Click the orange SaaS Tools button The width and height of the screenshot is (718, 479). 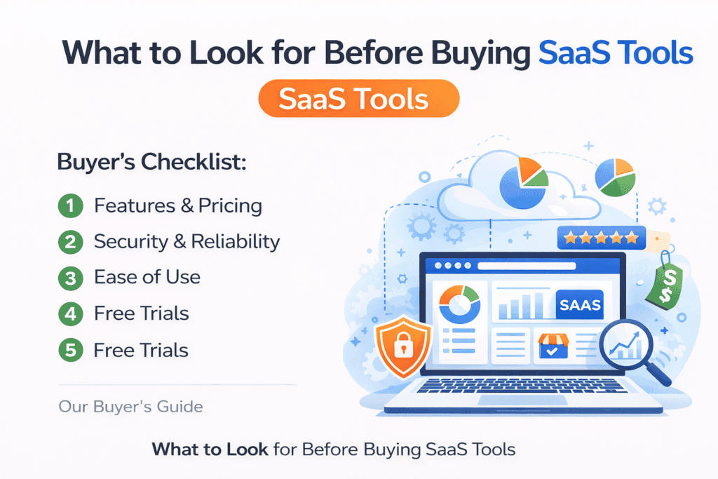point(358,100)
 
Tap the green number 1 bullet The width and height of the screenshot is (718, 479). point(69,206)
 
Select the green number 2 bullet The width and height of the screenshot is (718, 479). point(69,242)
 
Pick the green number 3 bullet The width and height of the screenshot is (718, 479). point(69,278)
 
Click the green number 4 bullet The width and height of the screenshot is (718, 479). point(69,313)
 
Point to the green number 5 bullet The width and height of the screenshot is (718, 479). point(69,350)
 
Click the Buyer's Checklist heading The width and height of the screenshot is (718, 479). point(151,163)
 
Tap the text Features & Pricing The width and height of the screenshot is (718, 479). point(178,206)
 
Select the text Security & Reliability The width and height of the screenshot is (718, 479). point(187,242)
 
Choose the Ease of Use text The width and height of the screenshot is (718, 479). point(147,278)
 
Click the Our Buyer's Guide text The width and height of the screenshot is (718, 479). point(131,406)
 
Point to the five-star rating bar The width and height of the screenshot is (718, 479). point(601,238)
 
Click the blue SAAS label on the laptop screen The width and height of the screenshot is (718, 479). point(579,306)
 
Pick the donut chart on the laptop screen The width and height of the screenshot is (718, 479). point(459,303)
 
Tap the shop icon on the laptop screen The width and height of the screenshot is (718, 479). point(553,346)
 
